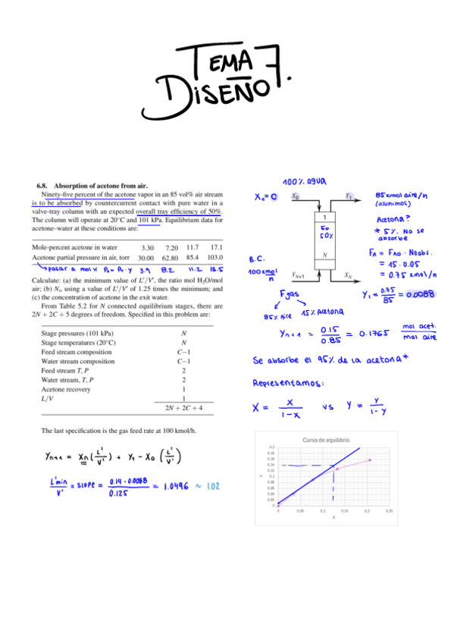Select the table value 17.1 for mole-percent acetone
(x=215, y=247)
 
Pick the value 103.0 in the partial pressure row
(x=214, y=258)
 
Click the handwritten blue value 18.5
(x=215, y=268)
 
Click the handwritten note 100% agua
(x=304, y=183)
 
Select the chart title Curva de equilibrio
(x=326, y=440)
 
